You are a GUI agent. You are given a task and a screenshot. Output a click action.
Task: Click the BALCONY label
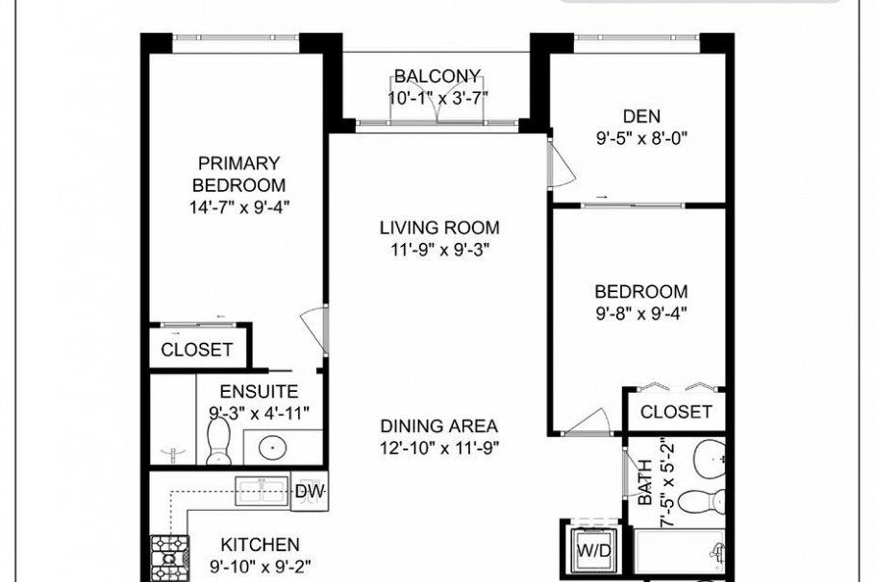tap(437, 76)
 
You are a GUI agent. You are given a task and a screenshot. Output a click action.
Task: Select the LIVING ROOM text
tap(438, 229)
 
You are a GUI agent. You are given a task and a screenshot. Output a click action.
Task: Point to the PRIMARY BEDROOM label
tap(238, 174)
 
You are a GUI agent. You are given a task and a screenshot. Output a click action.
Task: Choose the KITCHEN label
tap(260, 545)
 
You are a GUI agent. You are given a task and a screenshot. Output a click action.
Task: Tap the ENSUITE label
tap(259, 392)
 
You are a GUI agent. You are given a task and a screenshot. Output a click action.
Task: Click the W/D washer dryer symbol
tap(593, 551)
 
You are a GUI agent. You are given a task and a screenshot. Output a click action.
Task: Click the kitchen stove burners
tap(169, 559)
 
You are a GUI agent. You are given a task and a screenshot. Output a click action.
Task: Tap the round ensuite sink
tap(272, 447)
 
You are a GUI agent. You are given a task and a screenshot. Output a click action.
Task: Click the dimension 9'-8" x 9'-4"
tap(640, 312)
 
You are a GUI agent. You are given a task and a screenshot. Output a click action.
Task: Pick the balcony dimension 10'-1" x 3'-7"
tap(438, 97)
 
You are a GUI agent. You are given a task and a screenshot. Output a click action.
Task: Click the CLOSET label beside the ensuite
tap(197, 350)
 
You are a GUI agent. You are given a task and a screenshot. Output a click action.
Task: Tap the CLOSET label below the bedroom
tap(676, 412)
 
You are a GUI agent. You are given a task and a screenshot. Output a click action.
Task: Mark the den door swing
tap(560, 165)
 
